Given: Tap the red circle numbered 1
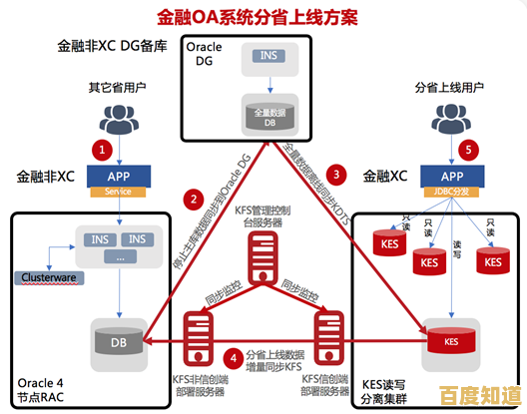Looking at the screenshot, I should [x=100, y=151].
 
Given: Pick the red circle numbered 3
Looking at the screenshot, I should [x=337, y=174].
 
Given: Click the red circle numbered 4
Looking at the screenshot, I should [x=232, y=355].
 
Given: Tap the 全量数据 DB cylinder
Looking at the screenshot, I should [x=264, y=119].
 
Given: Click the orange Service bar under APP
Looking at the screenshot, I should [x=118, y=192].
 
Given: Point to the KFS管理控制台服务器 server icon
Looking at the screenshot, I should [x=263, y=259].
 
